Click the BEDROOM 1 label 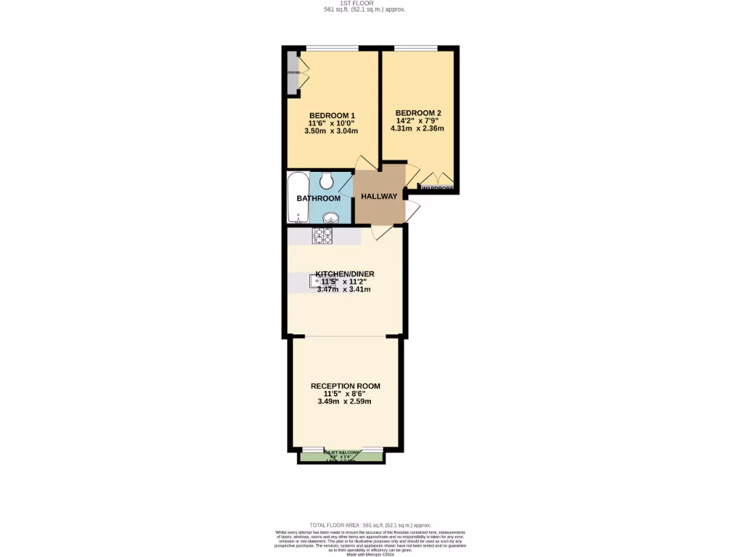tap(332, 115)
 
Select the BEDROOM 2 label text tap(418, 112)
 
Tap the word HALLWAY tap(379, 197)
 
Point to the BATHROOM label tap(318, 198)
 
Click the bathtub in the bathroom tap(298, 197)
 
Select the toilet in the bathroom tap(326, 178)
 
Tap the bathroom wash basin tap(330, 217)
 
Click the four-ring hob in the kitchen tap(322, 236)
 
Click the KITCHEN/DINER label tap(344, 273)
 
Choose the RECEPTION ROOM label tap(345, 386)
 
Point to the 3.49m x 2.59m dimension tap(344, 401)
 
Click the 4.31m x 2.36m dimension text tap(417, 128)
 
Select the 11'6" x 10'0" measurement tap(332, 123)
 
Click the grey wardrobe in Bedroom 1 tap(293, 73)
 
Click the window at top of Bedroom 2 tap(416, 49)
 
